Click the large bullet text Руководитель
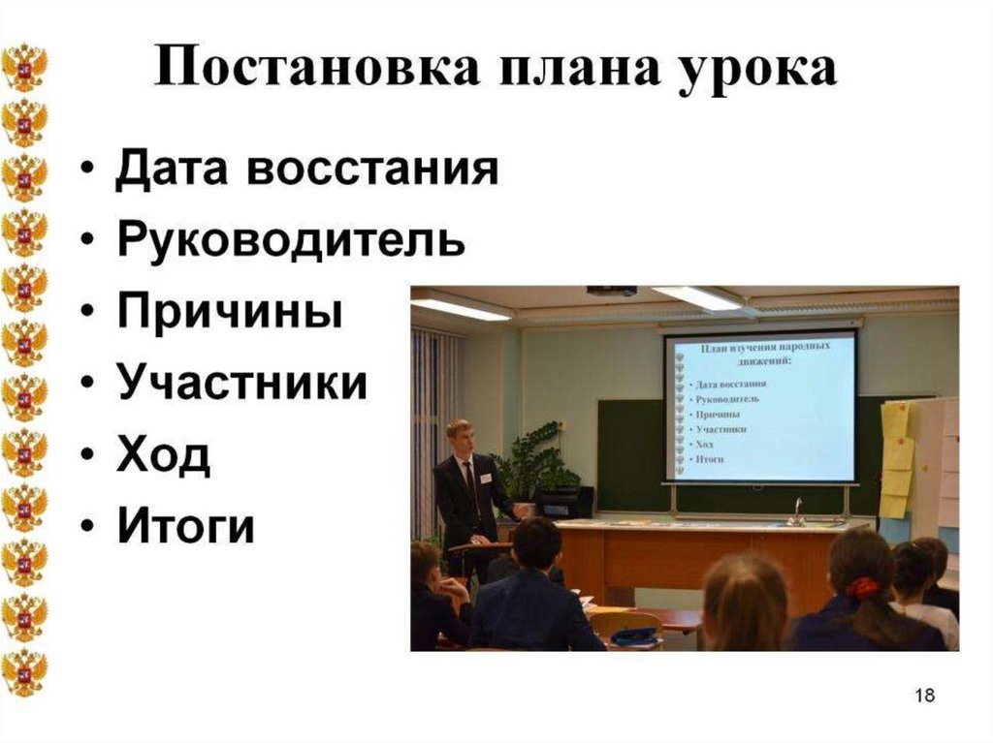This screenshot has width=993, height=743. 291,241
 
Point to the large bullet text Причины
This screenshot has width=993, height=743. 230,313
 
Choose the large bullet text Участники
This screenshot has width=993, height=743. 242,384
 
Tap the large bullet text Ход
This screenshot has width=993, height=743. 163,455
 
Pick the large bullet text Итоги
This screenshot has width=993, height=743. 186,526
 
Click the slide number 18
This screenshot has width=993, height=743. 924,696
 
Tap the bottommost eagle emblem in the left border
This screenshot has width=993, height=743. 23,672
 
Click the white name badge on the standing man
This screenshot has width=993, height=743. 486,479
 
